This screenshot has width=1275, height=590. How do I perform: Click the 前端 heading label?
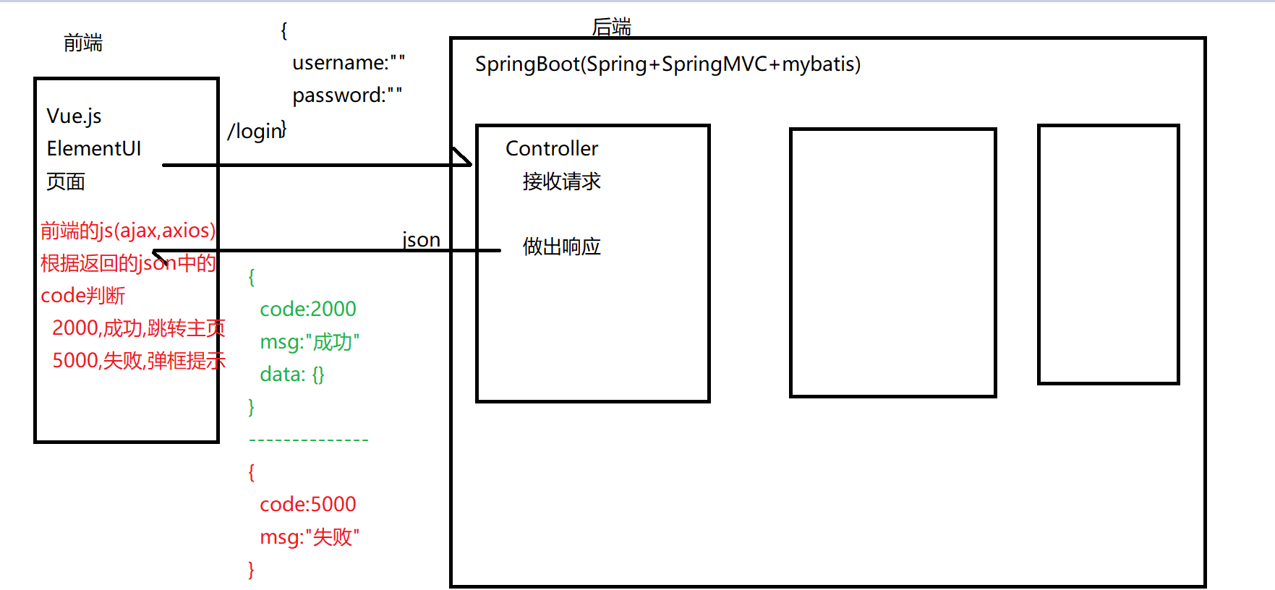83,43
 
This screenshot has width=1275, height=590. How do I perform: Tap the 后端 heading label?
611,27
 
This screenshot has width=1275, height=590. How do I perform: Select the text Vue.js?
74,116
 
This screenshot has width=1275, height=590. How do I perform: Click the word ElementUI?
94,149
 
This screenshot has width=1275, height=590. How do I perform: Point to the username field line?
348,64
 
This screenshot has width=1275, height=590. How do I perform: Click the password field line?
347,95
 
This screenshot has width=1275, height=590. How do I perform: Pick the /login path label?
255,132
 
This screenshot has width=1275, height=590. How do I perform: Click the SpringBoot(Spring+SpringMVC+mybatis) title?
668,64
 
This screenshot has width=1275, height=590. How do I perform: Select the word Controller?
552,149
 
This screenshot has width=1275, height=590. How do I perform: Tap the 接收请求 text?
561,181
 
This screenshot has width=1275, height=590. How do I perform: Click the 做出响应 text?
561,247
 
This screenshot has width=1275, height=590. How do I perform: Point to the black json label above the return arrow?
421,239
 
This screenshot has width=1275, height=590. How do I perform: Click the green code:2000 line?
308,309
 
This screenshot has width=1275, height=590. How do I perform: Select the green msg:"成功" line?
310,342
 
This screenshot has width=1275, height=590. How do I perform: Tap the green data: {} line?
292,375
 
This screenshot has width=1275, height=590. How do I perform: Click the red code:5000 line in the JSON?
308,505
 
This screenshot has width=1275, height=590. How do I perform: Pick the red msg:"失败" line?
310,537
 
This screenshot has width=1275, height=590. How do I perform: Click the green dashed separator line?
309,440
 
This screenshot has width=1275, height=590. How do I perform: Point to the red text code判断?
82,296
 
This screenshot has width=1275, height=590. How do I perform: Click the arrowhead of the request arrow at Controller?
466,161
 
